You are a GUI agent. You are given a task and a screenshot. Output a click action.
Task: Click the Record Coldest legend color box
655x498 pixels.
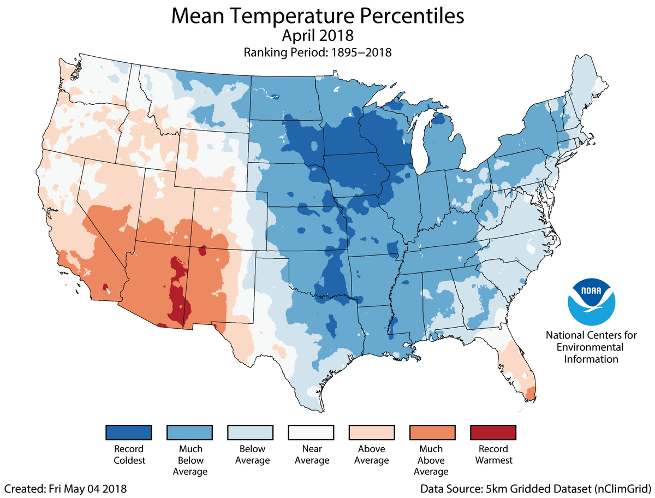pyautogui.click(x=128, y=432)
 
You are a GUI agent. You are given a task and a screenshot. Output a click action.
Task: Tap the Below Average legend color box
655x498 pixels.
pyautogui.click(x=250, y=432)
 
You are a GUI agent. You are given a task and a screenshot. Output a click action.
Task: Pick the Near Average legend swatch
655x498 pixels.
pyautogui.click(x=311, y=432)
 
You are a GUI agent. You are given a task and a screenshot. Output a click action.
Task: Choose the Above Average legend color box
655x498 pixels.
pyautogui.click(x=371, y=432)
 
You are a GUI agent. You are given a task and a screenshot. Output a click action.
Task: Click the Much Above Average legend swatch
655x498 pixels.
pyautogui.click(x=432, y=432)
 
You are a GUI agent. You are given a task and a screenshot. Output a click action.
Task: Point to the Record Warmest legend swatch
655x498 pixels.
pyautogui.click(x=493, y=432)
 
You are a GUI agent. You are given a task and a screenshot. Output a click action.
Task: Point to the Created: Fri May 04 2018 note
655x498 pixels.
pyautogui.click(x=66, y=487)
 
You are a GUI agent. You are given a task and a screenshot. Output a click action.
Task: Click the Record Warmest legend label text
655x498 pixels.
pyautogui.click(x=493, y=454)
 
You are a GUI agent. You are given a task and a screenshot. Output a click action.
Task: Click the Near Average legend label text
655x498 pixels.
pyautogui.click(x=311, y=454)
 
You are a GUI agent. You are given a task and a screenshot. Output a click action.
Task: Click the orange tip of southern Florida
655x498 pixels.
pyautogui.click(x=529, y=393)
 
